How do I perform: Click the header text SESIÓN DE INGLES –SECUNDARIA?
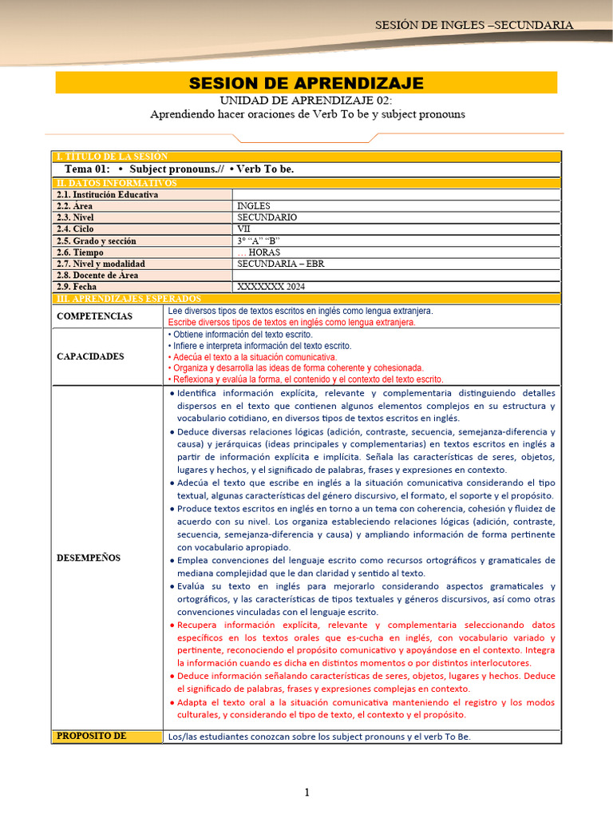pos(474,25)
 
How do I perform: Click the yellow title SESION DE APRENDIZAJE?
pos(306,83)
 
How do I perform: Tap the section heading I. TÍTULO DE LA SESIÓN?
pos(111,157)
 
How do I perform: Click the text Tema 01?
pos(87,169)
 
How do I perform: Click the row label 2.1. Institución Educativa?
pos(107,194)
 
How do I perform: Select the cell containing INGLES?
pos(254,206)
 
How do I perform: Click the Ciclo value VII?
pos(244,228)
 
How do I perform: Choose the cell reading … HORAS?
pos(259,252)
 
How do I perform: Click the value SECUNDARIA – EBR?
pos(280,264)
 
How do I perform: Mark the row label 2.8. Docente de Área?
pos(97,275)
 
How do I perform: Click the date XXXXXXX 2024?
pos(271,287)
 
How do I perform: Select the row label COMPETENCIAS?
pos(95,316)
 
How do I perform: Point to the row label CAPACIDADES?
pos(90,356)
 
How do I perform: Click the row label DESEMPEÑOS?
pos(89,558)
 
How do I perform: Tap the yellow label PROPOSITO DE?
pos(91,736)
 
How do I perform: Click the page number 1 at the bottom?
pos(306,792)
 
